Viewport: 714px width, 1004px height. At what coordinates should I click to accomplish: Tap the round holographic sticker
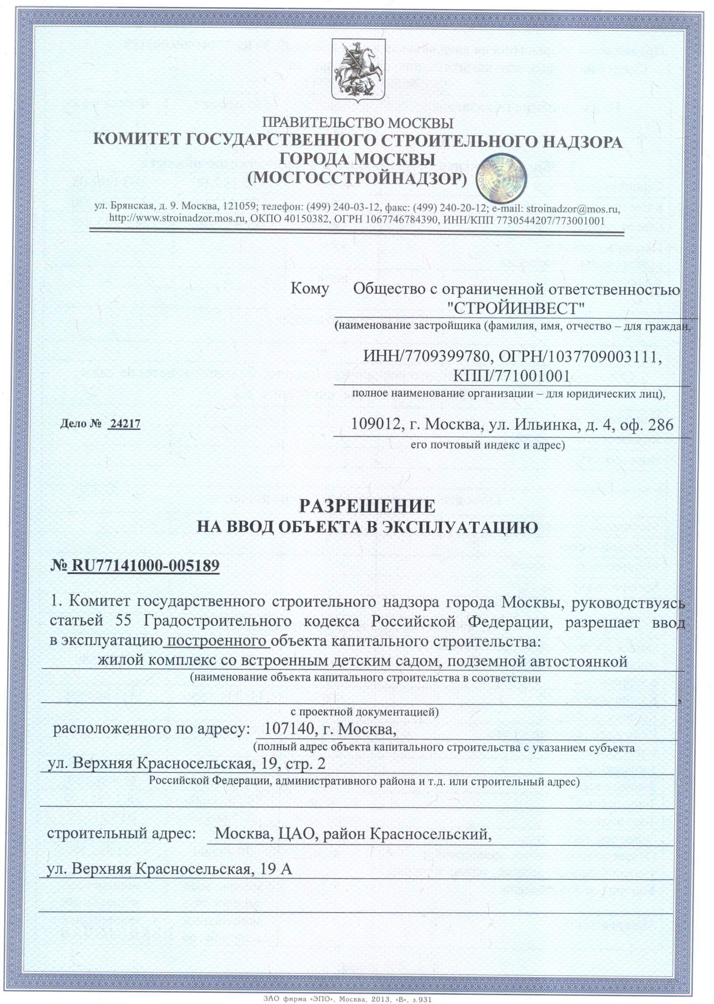[501, 178]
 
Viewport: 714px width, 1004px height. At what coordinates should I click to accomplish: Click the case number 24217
[125, 424]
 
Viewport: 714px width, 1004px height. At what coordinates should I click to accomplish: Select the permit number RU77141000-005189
[145, 565]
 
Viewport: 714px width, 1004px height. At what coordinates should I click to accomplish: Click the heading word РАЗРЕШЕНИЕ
[367, 506]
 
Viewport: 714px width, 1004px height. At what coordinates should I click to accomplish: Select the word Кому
[309, 289]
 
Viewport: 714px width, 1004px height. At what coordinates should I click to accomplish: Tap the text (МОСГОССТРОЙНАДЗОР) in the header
[357, 178]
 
